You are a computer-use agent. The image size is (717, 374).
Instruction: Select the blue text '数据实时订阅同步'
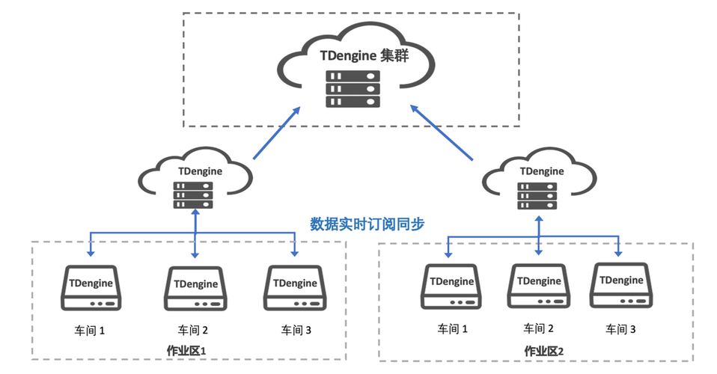tap(367, 223)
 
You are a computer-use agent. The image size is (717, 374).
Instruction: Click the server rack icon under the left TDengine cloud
tap(193, 194)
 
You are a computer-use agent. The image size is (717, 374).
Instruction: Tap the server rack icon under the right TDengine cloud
tap(538, 196)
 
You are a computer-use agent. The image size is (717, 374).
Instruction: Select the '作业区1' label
tap(186, 350)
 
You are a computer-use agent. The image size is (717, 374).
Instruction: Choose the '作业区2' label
tap(543, 350)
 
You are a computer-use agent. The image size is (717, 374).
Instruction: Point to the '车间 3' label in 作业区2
tap(620, 328)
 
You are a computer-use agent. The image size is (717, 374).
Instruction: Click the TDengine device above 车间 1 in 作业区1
tap(91, 288)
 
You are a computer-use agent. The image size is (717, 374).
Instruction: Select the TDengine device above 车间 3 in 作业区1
tap(296, 288)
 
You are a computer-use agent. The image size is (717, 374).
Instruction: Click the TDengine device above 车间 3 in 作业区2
tap(620, 285)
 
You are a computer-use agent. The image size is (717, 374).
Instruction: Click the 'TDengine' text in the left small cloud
tap(195, 171)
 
